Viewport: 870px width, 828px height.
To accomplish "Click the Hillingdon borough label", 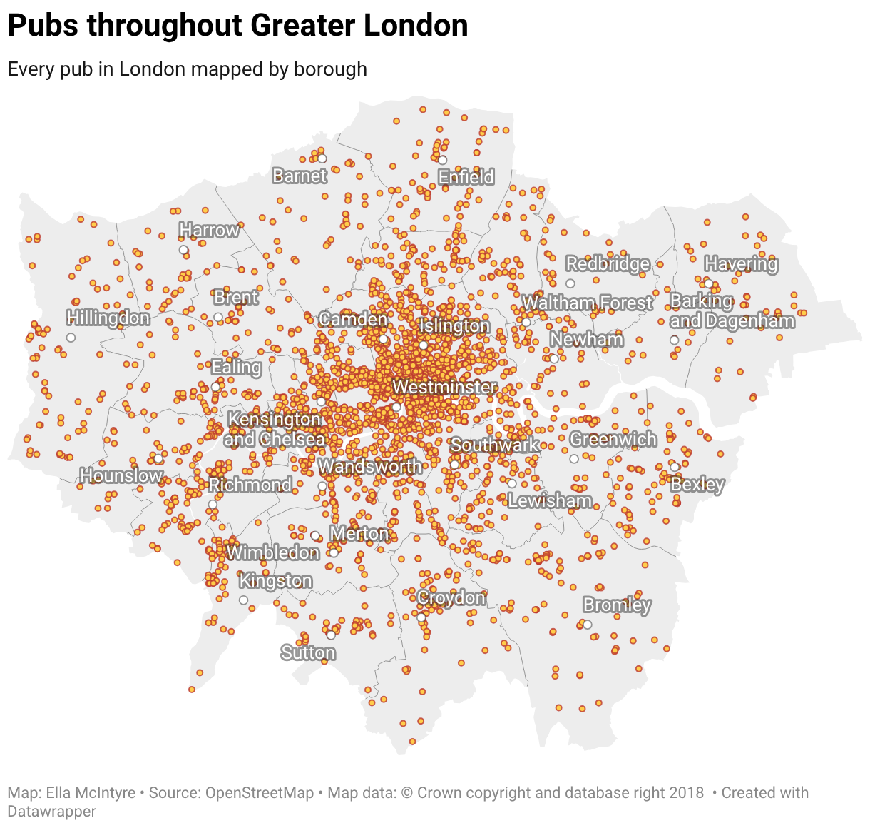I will click(x=108, y=318).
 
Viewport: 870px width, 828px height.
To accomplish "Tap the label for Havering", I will click(x=741, y=264).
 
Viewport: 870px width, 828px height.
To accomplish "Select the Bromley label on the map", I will click(x=617, y=605).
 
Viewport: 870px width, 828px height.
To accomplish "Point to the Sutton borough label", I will click(x=308, y=652).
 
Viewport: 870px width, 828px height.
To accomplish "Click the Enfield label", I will click(x=466, y=177).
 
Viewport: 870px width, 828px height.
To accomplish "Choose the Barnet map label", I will click(x=300, y=176).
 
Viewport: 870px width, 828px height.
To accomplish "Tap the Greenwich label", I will click(x=613, y=439).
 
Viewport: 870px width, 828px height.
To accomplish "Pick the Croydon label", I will click(x=451, y=597).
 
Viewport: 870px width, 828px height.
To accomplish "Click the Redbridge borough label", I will click(x=608, y=264).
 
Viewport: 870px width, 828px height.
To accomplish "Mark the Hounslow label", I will click(x=121, y=475).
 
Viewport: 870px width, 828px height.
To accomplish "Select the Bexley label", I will click(x=697, y=485).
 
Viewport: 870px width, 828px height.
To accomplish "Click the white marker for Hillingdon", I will click(x=71, y=338).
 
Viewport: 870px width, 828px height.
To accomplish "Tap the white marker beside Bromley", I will click(x=588, y=625).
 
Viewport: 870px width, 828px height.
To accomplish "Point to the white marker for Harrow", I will click(x=183, y=250).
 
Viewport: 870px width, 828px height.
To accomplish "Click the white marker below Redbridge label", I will click(x=570, y=283).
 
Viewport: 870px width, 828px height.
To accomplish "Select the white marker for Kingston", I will click(x=243, y=600).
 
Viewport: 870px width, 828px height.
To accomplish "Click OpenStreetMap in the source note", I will click(x=260, y=793).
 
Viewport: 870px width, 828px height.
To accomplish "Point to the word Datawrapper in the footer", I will click(x=51, y=812).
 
